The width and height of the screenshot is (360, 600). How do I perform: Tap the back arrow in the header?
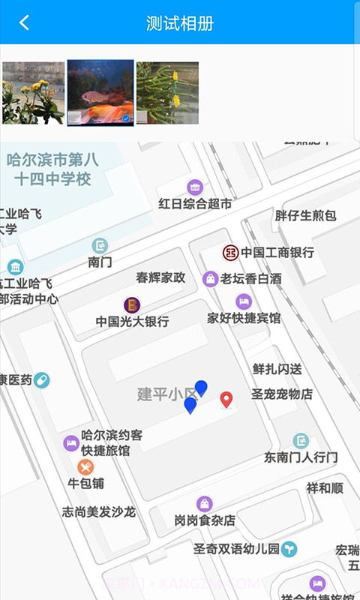24,22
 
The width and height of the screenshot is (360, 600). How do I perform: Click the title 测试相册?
180,23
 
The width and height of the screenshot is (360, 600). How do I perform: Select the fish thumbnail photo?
100,92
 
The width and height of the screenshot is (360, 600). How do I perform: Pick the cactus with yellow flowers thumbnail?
167,92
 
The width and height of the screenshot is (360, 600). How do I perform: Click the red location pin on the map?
226,399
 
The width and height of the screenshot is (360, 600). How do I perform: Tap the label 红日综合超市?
195,204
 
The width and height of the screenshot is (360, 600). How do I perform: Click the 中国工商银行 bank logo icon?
230,253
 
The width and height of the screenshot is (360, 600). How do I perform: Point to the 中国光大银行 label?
132,322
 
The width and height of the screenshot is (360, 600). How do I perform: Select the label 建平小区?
165,394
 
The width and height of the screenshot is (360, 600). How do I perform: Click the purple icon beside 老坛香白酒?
211,279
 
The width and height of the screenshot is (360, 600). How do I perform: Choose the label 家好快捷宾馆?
244,318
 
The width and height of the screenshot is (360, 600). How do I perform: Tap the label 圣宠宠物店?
281,394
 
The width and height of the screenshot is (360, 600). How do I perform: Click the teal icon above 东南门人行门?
301,441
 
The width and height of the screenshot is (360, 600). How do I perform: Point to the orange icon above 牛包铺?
86,467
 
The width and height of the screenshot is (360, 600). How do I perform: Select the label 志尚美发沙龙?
98,512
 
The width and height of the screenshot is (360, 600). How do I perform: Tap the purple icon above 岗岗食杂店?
205,504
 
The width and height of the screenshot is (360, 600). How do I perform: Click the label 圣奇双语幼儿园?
236,549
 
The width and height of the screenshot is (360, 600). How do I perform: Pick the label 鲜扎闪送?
277,369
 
